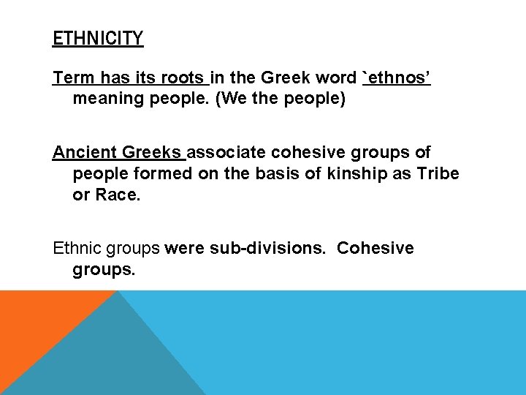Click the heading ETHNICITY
pos(98,37)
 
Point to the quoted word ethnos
pos(398,78)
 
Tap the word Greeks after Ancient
pos(151,152)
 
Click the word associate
pos(227,152)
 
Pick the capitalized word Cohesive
pos(376,248)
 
